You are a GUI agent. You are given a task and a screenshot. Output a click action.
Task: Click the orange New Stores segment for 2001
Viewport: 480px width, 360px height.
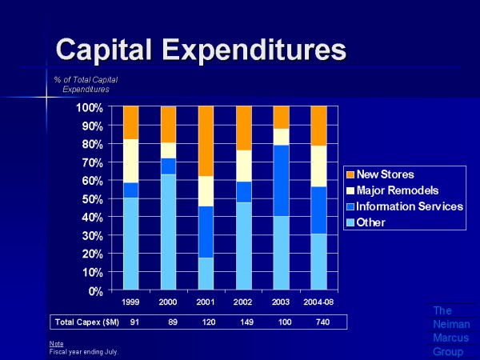click(206, 141)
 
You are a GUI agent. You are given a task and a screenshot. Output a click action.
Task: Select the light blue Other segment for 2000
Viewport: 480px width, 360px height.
click(168, 232)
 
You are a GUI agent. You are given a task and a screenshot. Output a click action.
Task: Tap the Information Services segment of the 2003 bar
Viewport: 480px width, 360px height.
click(281, 180)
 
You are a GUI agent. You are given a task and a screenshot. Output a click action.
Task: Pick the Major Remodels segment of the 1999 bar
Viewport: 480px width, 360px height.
click(130, 161)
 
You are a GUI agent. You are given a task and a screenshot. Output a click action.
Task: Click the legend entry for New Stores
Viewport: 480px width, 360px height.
click(386, 174)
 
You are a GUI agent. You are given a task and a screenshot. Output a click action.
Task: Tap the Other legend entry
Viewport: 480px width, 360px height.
click(372, 222)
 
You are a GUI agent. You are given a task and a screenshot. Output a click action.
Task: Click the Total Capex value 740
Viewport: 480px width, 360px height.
click(318, 322)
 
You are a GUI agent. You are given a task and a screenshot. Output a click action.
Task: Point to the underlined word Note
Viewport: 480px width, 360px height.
click(56, 343)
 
